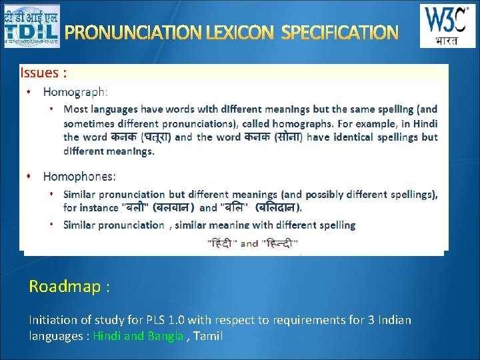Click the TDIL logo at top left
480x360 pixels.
pyautogui.click(x=31, y=26)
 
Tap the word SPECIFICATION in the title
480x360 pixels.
pyautogui.click(x=340, y=32)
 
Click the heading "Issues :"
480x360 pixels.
pyautogui.click(x=43, y=73)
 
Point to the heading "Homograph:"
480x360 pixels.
pyautogui.click(x=75, y=91)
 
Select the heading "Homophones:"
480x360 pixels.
pyautogui.click(x=79, y=176)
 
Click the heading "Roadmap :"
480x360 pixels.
pyautogui.click(x=69, y=287)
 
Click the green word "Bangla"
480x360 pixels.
pyautogui.click(x=165, y=336)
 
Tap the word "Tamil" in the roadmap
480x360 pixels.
pyautogui.click(x=208, y=336)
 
